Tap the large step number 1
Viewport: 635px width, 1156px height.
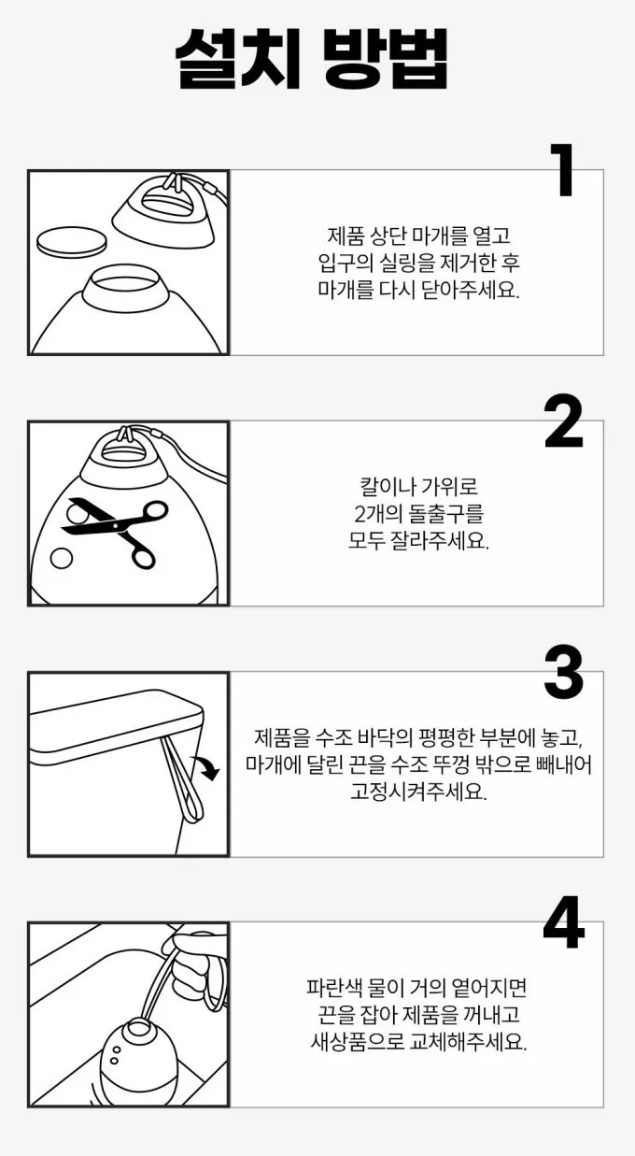562,170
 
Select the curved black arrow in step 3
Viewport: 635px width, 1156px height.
205,766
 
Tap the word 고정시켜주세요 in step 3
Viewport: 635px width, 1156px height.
418,792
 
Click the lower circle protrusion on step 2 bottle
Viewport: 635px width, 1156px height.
62,559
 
